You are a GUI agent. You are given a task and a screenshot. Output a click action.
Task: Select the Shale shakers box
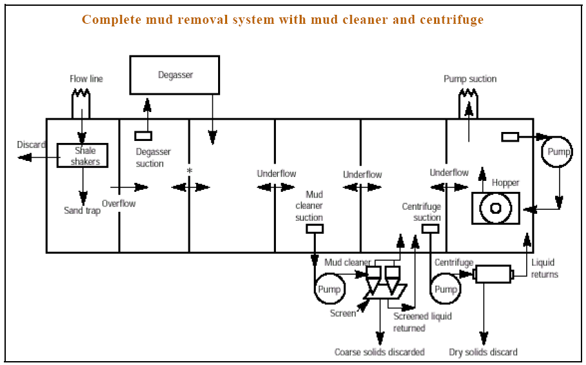[x=82, y=155]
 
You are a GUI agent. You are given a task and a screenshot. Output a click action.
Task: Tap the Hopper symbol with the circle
[x=496, y=208]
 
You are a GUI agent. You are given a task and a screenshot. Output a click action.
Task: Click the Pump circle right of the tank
[x=556, y=152]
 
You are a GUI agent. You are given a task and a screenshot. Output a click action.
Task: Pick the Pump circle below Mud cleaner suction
[x=329, y=290]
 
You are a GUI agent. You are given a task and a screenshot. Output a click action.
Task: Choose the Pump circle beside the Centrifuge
[x=445, y=290]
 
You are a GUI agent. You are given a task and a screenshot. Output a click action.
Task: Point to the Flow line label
[x=86, y=79]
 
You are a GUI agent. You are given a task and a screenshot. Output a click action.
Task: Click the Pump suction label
[x=470, y=79]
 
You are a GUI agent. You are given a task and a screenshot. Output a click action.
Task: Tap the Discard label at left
[x=31, y=144]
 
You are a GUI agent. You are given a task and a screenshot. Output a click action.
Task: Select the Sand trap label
[x=82, y=211]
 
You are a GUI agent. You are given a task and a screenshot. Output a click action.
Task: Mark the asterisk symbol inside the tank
[x=189, y=171]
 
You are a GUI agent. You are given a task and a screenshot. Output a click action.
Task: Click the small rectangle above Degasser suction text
[x=143, y=136]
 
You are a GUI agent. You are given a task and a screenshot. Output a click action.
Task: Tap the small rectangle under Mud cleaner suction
[x=315, y=229]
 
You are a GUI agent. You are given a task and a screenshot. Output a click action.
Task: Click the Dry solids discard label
[x=482, y=352]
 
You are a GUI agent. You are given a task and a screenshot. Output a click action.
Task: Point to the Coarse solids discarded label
[x=380, y=352]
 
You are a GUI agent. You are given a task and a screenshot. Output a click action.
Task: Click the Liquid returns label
[x=544, y=268]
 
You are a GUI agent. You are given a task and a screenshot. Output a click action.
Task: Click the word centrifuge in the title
[x=450, y=19]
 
